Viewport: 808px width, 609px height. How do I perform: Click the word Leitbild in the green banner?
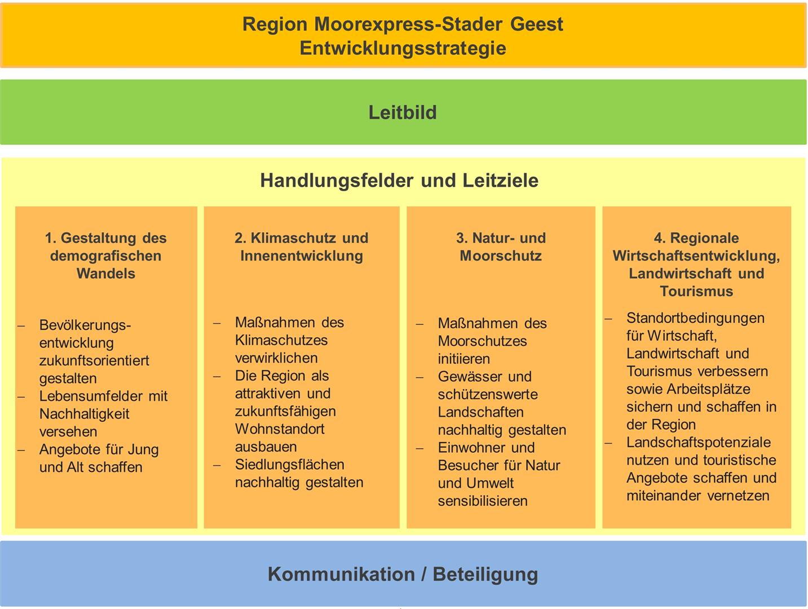click(x=403, y=112)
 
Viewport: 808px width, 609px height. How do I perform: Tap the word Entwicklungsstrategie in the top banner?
click(x=403, y=48)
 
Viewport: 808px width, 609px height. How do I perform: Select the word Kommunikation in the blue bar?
click(x=341, y=574)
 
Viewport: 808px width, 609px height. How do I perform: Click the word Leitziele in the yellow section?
click(x=500, y=180)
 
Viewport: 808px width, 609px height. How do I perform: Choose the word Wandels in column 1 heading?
click(x=106, y=273)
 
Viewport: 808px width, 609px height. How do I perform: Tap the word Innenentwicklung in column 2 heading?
click(x=302, y=256)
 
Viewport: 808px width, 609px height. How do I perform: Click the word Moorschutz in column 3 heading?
click(x=501, y=256)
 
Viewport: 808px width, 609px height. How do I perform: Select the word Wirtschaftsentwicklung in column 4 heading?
click(x=696, y=256)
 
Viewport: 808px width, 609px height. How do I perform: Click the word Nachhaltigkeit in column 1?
click(x=84, y=414)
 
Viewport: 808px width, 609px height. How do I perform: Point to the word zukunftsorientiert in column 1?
click(x=94, y=361)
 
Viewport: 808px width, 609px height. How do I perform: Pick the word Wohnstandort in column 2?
click(x=280, y=429)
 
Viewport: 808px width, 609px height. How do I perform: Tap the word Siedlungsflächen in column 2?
click(x=289, y=465)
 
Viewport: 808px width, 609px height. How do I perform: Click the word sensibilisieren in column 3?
click(x=483, y=501)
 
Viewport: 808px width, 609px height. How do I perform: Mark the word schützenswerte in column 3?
click(x=488, y=394)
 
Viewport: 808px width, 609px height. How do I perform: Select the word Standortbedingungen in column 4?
click(x=695, y=318)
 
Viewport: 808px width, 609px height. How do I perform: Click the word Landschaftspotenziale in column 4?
click(x=698, y=442)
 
